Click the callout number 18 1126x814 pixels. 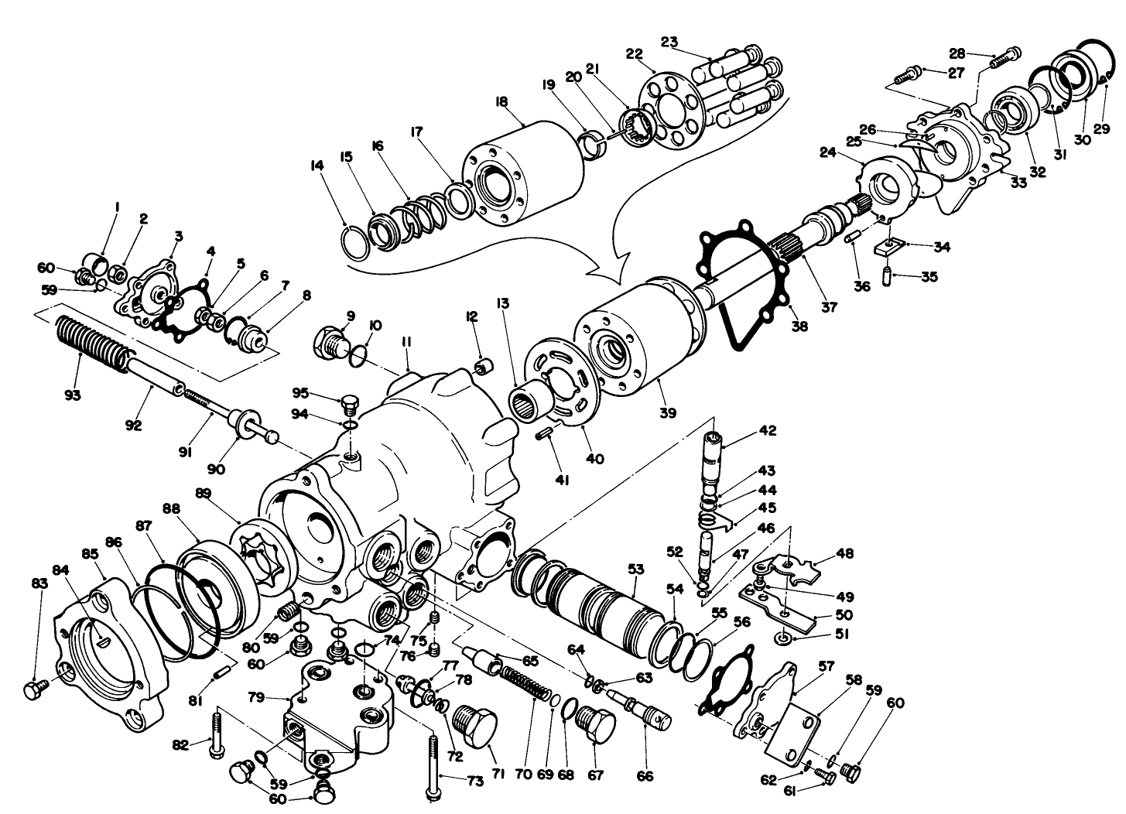(501, 101)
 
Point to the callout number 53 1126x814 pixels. (636, 569)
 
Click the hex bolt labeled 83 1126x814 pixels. (33, 689)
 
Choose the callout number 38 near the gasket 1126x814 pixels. (799, 326)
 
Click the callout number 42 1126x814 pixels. (768, 430)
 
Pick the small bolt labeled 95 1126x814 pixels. (349, 404)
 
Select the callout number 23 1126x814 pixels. (669, 41)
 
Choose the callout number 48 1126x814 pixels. (844, 554)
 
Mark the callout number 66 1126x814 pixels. (645, 775)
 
